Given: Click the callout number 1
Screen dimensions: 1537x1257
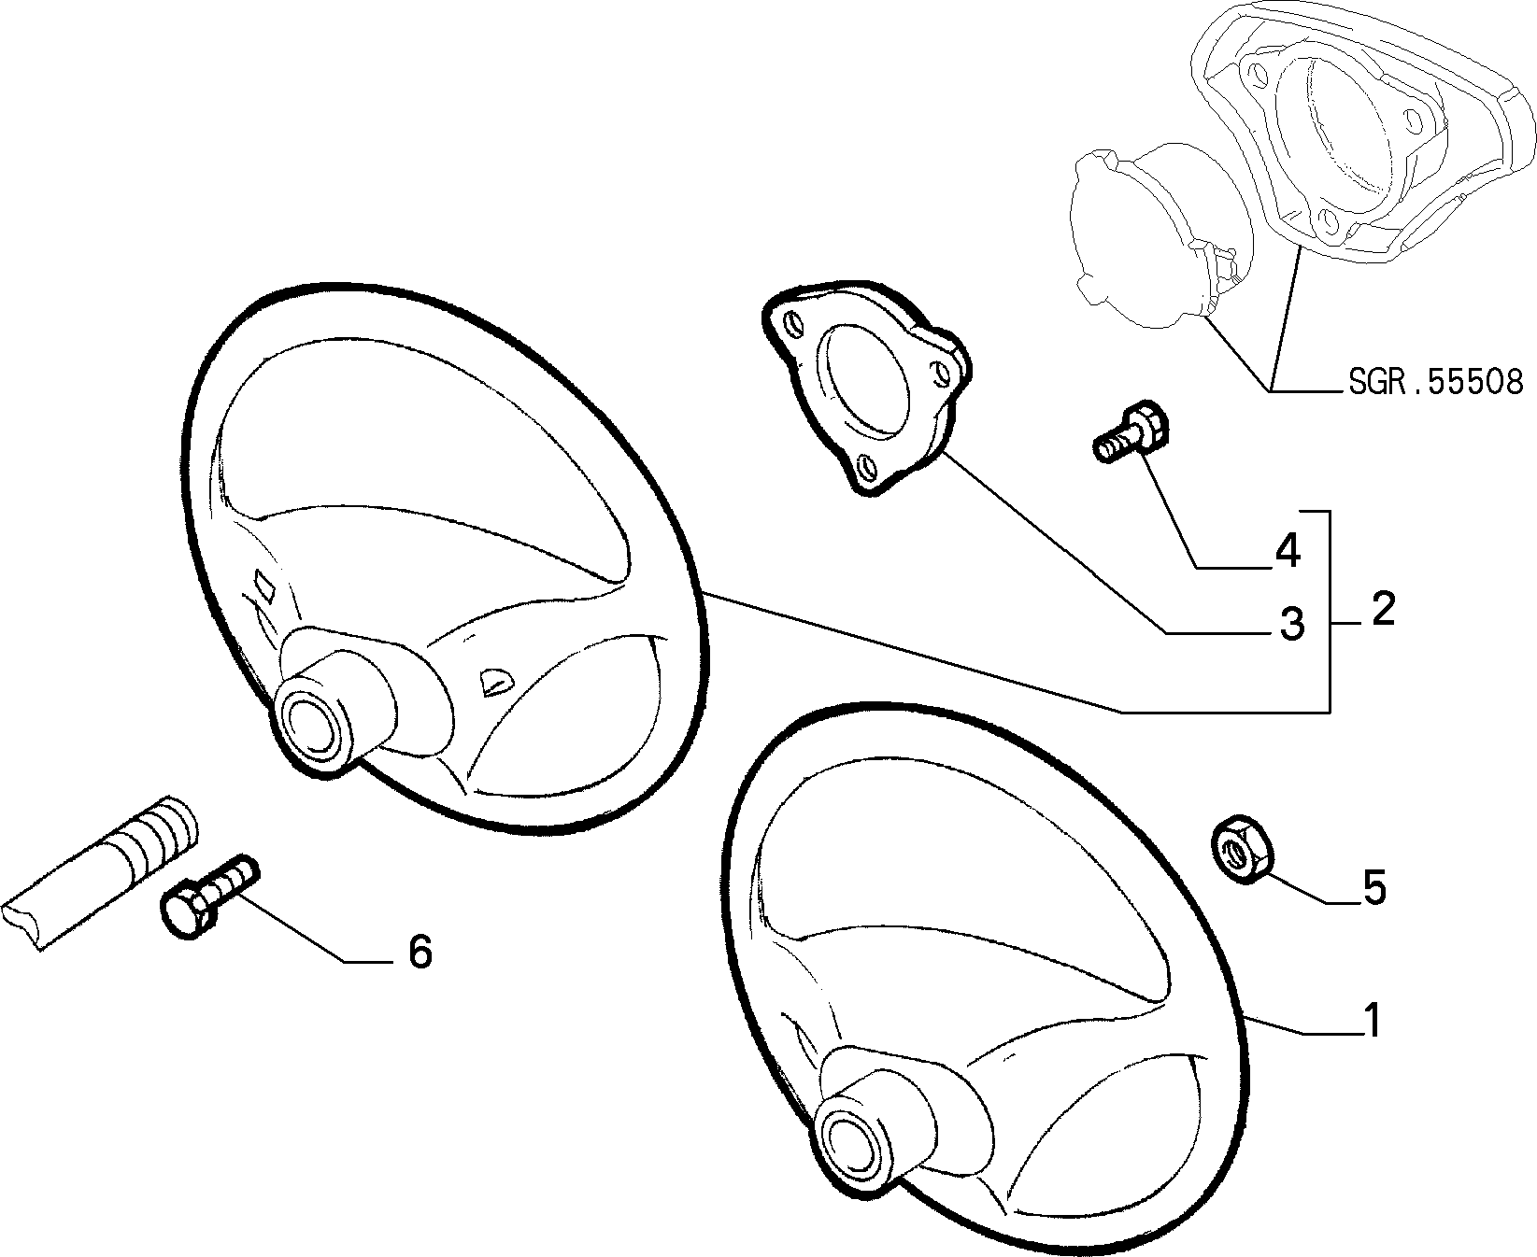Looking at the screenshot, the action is pos(1371,1021).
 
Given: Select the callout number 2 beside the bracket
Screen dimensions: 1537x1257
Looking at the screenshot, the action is pos(1382,609).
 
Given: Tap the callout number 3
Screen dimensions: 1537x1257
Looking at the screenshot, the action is pos(1290,623).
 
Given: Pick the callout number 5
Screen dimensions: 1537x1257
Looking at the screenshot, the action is pos(1373,888).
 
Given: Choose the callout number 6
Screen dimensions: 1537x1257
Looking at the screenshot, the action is pos(420,952).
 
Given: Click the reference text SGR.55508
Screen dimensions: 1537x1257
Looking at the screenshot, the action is pos(1435,382).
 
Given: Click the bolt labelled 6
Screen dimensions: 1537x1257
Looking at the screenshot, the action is pos(210,894).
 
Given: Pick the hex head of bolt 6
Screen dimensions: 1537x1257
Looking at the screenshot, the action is pos(187,912).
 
